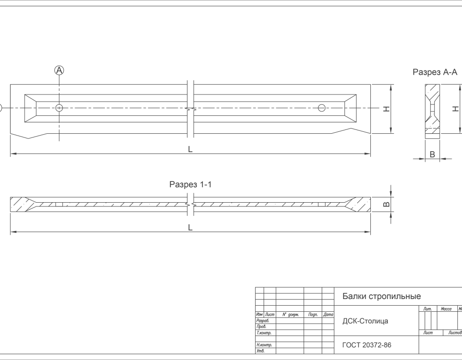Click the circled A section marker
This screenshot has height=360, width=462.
[x=59, y=70]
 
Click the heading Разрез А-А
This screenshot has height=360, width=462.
[x=435, y=72]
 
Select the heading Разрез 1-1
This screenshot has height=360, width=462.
[x=190, y=184]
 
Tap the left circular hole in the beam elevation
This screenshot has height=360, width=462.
[x=59, y=108]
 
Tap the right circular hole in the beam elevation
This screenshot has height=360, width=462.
[x=322, y=108]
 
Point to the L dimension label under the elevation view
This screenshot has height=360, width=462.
[x=190, y=149]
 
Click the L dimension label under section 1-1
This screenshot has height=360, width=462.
[x=190, y=227]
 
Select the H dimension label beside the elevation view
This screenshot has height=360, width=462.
[x=386, y=109]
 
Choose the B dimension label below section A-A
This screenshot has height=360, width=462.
[x=433, y=154]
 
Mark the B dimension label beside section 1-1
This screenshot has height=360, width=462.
[x=387, y=205]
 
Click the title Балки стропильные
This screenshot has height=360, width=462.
[x=382, y=296]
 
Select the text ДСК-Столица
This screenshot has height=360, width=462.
[x=365, y=321]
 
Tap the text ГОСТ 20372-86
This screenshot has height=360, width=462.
[x=367, y=345]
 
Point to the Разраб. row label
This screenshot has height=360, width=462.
[x=263, y=320]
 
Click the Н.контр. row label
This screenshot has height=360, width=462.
[x=264, y=345]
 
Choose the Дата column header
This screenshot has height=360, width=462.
[x=328, y=315]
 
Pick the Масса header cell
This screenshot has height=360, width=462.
[x=446, y=309]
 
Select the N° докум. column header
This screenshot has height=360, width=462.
[x=291, y=315]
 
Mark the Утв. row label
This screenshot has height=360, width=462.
[x=260, y=351]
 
